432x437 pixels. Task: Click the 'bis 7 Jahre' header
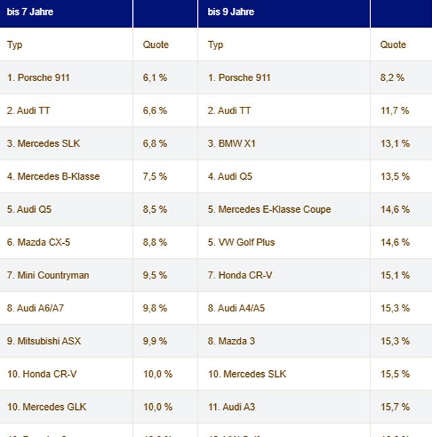pyautogui.click(x=30, y=12)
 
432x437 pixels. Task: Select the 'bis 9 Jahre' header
pyautogui.click(x=231, y=12)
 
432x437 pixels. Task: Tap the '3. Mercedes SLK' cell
pyautogui.click(x=44, y=143)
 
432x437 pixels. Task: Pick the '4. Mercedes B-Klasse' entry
pyautogui.click(x=53, y=176)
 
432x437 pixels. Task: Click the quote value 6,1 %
pyautogui.click(x=155, y=78)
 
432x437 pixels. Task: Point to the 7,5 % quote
pyautogui.click(x=155, y=176)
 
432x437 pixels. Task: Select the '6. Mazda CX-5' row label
pyautogui.click(x=38, y=242)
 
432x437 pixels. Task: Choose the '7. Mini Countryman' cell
pyautogui.click(x=48, y=275)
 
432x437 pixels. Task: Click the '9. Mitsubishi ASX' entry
pyautogui.click(x=44, y=341)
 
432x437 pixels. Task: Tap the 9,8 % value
pyautogui.click(x=155, y=308)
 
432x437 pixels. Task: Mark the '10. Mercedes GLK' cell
pyautogui.click(x=47, y=407)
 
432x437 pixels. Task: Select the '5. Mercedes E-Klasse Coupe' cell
pyautogui.click(x=269, y=209)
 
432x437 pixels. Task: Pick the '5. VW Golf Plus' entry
pyautogui.click(x=242, y=242)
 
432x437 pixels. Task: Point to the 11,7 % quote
pyautogui.click(x=395, y=111)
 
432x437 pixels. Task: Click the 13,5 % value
pyautogui.click(x=395, y=176)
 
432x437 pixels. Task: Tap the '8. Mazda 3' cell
pyautogui.click(x=232, y=341)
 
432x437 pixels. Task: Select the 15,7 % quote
pyautogui.click(x=395, y=407)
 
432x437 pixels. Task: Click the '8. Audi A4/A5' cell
pyautogui.click(x=236, y=308)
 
